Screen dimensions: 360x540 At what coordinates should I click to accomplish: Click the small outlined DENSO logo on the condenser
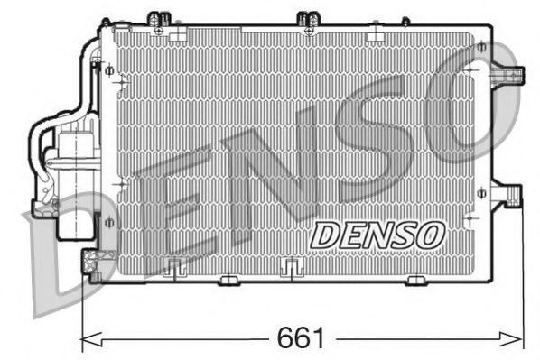(x=378, y=234)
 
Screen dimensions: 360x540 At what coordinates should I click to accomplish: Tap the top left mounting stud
(x=159, y=19)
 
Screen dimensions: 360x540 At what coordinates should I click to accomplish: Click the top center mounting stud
(x=308, y=19)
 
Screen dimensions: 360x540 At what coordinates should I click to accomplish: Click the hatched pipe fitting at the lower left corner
(x=91, y=263)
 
